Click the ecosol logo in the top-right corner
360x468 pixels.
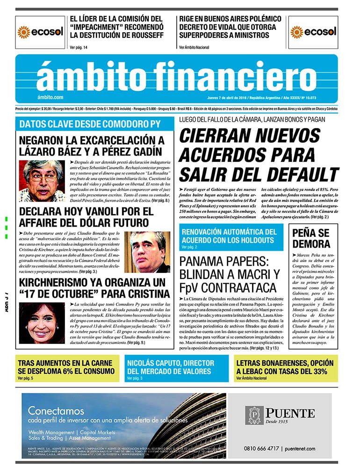coord(313,32)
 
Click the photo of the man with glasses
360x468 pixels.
coord(42,181)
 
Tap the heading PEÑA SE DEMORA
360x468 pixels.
coord(311,238)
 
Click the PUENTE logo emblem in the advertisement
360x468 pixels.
coord(255,415)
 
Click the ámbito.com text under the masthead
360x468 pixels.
coord(50,97)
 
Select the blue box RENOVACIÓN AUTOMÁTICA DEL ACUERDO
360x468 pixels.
coord(231,237)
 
